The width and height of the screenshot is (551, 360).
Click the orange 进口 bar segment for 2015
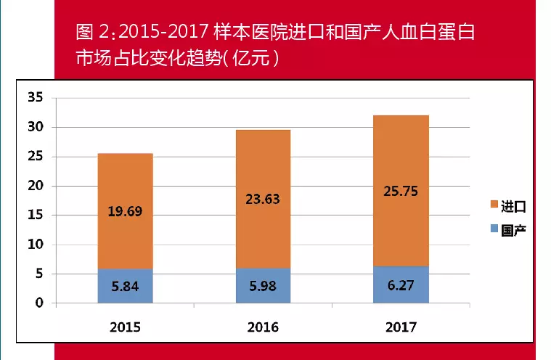pyautogui.click(x=125, y=181)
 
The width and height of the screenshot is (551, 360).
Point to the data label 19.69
pyautogui.click(x=125, y=213)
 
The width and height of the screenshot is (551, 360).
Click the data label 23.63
pyautogui.click(x=263, y=199)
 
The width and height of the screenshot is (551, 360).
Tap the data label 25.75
pyautogui.click(x=401, y=193)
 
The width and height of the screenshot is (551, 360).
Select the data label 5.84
pyautogui.click(x=125, y=286)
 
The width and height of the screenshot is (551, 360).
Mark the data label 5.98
pyautogui.click(x=263, y=286)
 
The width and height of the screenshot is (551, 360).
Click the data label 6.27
pyautogui.click(x=401, y=285)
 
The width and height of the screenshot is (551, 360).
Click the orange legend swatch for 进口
pyautogui.click(x=494, y=207)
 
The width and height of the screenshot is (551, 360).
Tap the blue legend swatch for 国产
pyautogui.click(x=494, y=229)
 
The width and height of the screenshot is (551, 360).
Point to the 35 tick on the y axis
pyautogui.click(x=36, y=97)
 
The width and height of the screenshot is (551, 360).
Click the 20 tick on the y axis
pyautogui.click(x=36, y=186)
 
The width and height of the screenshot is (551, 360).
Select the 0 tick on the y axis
pyautogui.click(x=40, y=303)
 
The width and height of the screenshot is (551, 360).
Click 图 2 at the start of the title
pyautogui.click(x=95, y=33)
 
